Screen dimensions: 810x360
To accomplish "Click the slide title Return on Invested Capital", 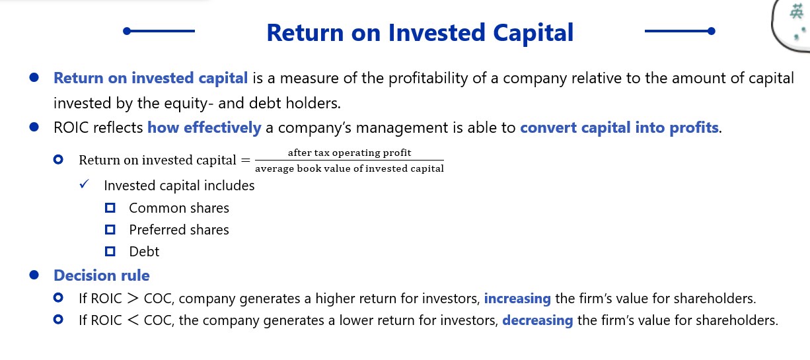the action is (420, 32).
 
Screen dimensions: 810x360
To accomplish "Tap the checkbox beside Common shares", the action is (110, 208).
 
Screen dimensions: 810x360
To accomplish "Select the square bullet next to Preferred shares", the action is (110, 229).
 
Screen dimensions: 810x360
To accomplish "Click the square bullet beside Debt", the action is (110, 251).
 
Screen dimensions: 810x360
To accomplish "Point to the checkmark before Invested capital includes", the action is (84, 184).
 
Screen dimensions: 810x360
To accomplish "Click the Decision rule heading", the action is (102, 275).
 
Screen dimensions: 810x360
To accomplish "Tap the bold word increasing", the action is (517, 299).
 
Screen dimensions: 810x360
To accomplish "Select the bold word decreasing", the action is (538, 320).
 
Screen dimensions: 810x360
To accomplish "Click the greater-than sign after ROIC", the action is (133, 298).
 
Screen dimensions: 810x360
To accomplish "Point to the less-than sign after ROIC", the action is (133, 320).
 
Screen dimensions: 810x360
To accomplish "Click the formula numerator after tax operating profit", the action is (350, 153).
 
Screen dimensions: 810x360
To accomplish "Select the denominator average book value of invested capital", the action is (350, 168).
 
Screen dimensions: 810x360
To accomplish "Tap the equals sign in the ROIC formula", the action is (246, 160).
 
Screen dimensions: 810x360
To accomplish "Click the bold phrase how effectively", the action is (204, 128).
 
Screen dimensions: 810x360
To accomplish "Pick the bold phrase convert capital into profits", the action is (619, 128).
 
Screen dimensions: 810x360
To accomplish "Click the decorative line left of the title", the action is (159, 31).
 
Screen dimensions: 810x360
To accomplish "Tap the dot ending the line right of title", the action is (712, 31).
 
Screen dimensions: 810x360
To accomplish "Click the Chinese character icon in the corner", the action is (796, 12).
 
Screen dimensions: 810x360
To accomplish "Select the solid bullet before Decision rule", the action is (34, 275).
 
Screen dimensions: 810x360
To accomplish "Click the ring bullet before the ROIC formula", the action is (58, 159).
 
